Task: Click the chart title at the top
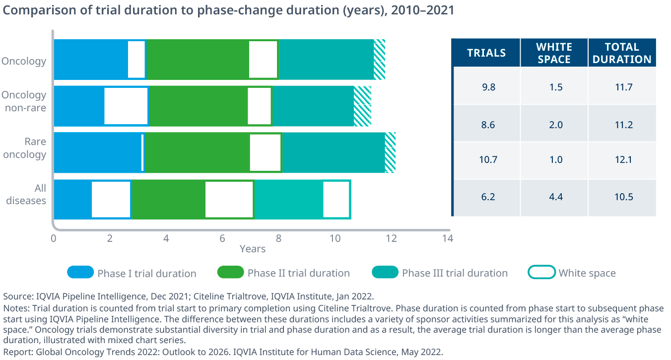click(x=229, y=10)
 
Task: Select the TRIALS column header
click(x=486, y=53)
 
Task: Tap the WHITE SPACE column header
click(x=554, y=53)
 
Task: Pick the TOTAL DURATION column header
click(x=622, y=53)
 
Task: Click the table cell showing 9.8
click(x=486, y=86)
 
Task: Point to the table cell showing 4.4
click(x=554, y=197)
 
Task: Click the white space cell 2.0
click(x=554, y=124)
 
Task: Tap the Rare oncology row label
click(x=25, y=148)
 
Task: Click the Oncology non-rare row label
click(x=24, y=101)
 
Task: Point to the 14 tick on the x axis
click(x=447, y=238)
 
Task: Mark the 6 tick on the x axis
click(x=222, y=238)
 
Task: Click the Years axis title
click(x=253, y=249)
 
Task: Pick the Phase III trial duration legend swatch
click(x=385, y=272)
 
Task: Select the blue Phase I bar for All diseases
click(x=72, y=199)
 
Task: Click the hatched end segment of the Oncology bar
click(x=379, y=60)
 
